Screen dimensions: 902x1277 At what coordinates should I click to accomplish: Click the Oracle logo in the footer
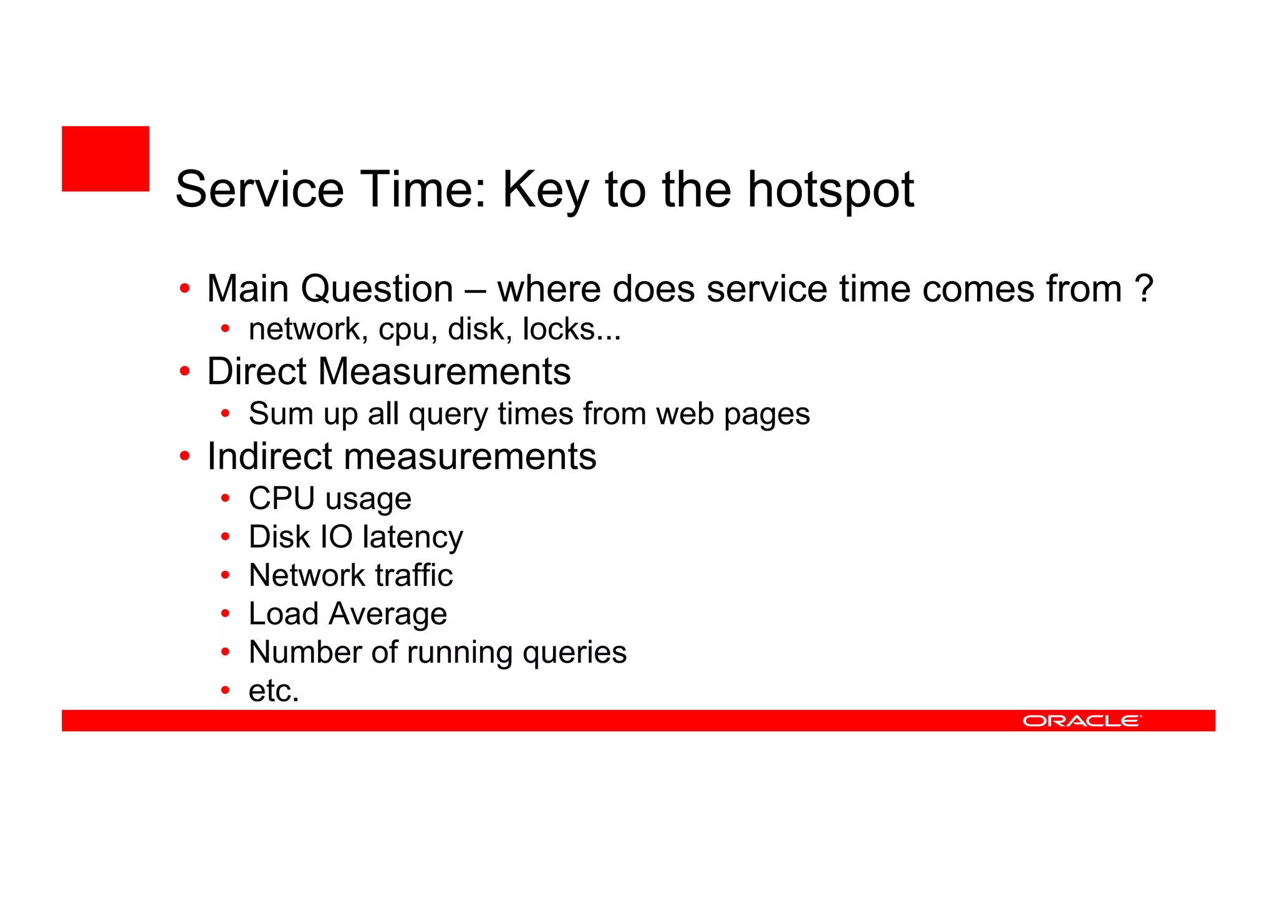tap(1081, 721)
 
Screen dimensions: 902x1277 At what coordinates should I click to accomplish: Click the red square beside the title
tap(105, 158)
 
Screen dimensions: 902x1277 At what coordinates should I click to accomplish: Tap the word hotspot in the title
tap(831, 190)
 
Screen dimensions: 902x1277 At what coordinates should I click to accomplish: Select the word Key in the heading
tap(545, 190)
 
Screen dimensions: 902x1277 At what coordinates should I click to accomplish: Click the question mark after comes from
tap(1144, 289)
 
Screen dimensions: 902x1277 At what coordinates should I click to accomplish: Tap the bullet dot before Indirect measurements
tap(185, 456)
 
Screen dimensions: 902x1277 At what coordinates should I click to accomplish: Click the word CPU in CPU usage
tap(282, 499)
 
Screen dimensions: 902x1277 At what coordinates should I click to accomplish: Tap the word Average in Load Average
tap(388, 614)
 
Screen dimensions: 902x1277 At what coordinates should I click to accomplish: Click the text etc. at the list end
tap(274, 691)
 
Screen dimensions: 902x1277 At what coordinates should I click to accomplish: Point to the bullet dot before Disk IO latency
tap(226, 537)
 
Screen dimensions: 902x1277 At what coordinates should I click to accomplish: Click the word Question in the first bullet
tap(377, 290)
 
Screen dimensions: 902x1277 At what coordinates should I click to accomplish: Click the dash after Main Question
tap(475, 290)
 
